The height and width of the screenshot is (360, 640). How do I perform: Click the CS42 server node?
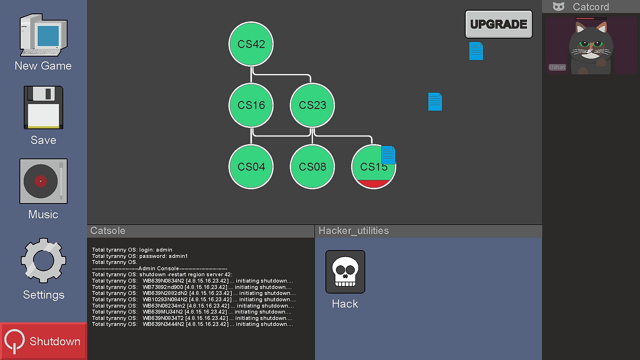pyautogui.click(x=251, y=44)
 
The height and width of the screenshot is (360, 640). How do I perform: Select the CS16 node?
pyautogui.click(x=251, y=105)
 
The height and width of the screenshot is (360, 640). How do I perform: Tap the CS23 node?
pyautogui.click(x=312, y=105)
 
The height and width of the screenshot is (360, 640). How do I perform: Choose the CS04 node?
pyautogui.click(x=251, y=167)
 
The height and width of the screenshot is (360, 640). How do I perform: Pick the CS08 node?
pyautogui.click(x=312, y=167)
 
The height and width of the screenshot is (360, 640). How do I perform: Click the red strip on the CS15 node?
pyautogui.click(x=374, y=184)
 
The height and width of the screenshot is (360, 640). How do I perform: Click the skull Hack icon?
pyautogui.click(x=345, y=272)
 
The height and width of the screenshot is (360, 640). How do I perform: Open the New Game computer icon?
pyautogui.click(x=44, y=35)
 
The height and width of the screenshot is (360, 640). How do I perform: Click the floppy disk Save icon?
pyautogui.click(x=43, y=107)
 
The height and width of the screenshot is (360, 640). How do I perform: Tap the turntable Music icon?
pyautogui.click(x=43, y=181)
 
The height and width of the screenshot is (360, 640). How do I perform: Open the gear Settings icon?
pyautogui.click(x=43, y=260)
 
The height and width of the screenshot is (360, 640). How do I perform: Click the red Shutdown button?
pyautogui.click(x=43, y=341)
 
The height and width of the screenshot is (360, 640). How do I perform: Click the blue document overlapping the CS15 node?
pyautogui.click(x=388, y=155)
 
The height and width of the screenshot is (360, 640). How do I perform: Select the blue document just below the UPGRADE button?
pyautogui.click(x=476, y=51)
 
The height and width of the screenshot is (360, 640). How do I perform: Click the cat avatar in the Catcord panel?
pyautogui.click(x=590, y=47)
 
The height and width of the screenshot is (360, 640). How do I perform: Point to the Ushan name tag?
pyautogui.click(x=557, y=67)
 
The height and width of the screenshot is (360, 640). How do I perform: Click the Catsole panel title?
pyautogui.click(x=108, y=231)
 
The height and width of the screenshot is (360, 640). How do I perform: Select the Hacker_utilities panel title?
pyautogui.click(x=354, y=231)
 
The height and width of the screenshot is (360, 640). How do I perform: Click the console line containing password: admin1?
pyautogui.click(x=140, y=256)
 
